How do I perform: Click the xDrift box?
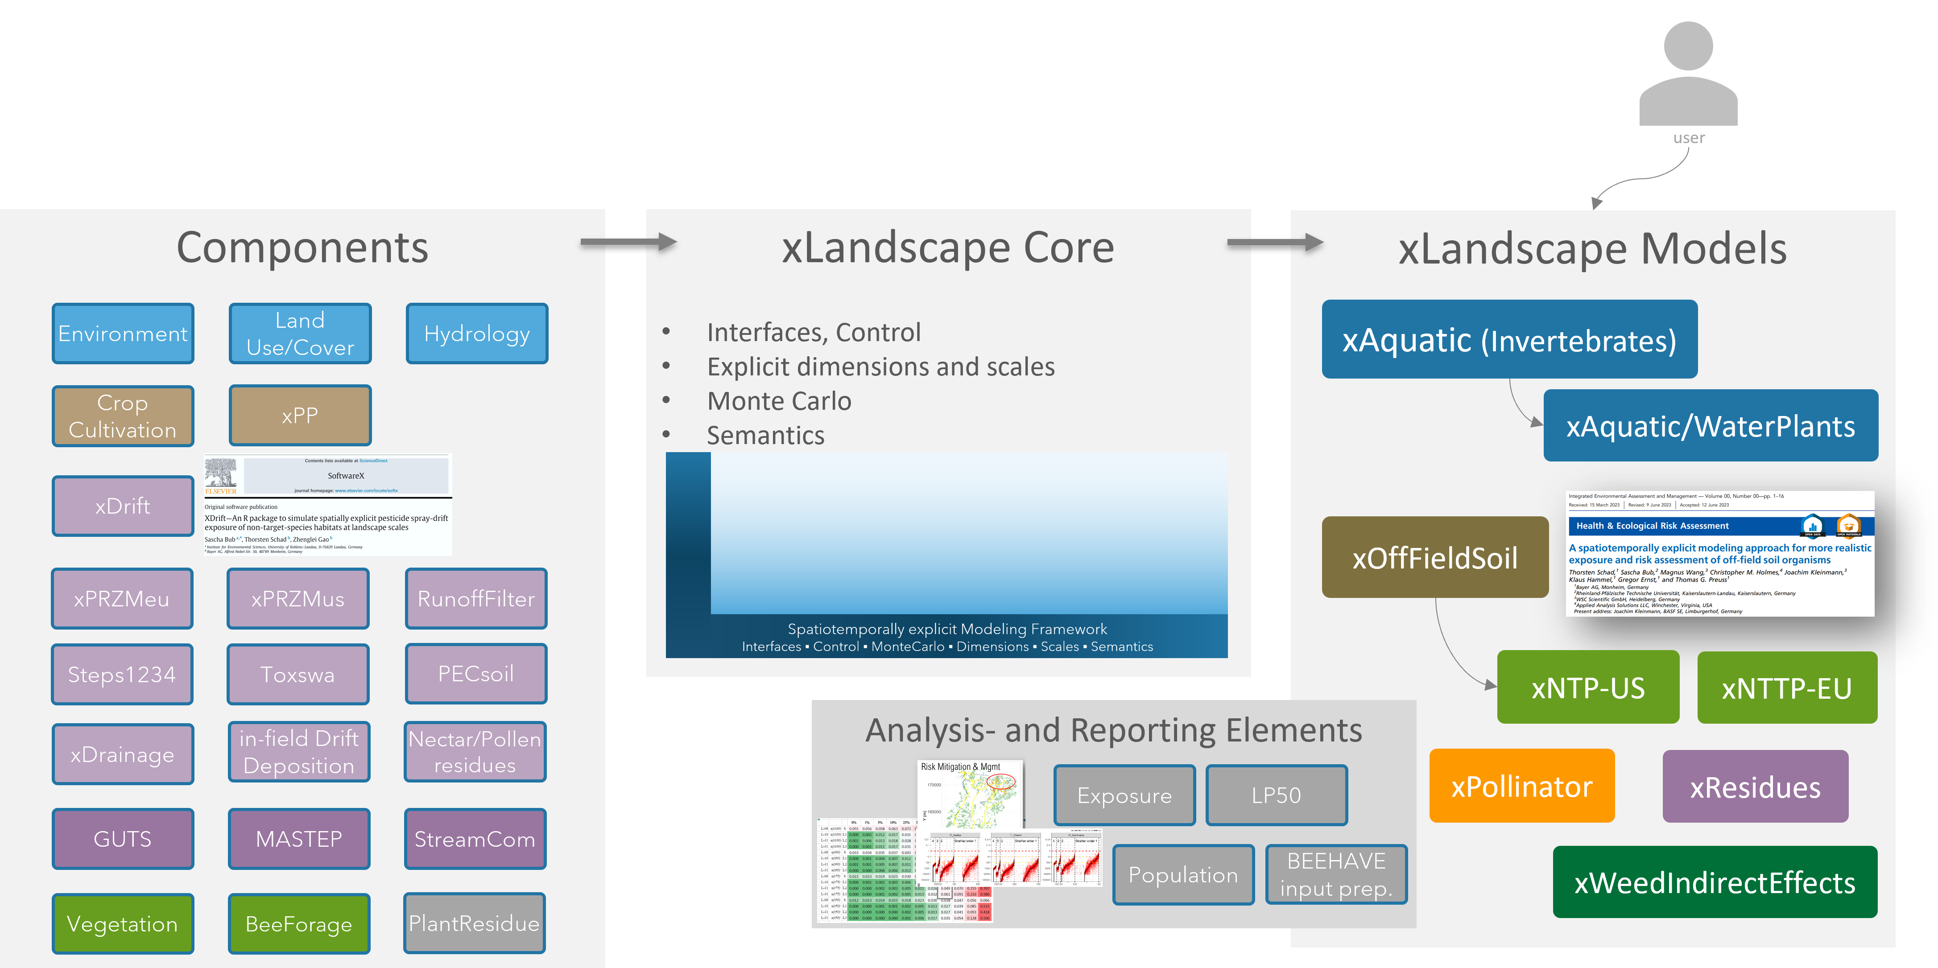pyautogui.click(x=123, y=506)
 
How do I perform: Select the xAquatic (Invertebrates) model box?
pyautogui.click(x=1509, y=340)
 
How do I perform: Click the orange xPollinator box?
pyautogui.click(x=1521, y=786)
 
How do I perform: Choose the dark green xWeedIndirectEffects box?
pyautogui.click(x=1715, y=882)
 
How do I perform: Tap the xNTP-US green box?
pyautogui.click(x=1587, y=688)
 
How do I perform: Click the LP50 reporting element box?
pyautogui.click(x=1276, y=795)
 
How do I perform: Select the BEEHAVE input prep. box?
pyautogui.click(x=1336, y=875)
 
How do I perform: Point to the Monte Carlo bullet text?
pyautogui.click(x=779, y=401)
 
